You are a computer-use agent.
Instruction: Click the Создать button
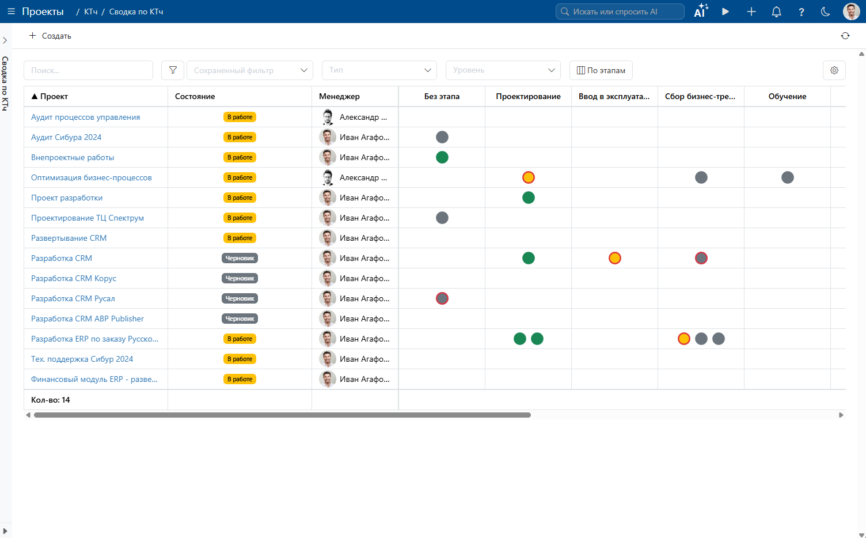click(x=50, y=36)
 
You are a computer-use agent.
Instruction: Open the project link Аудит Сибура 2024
click(x=66, y=137)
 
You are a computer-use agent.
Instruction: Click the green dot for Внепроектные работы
click(x=442, y=157)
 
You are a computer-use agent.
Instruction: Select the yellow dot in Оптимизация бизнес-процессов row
click(x=528, y=177)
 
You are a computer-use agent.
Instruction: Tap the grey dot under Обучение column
click(x=787, y=177)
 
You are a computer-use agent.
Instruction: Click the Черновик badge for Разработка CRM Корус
click(x=240, y=278)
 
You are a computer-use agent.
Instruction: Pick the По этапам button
click(x=601, y=70)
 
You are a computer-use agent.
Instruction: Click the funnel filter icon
click(x=173, y=70)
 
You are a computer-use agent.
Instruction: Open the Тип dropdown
click(x=379, y=70)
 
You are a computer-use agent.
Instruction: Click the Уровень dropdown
click(x=503, y=70)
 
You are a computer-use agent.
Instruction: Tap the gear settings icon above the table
click(x=834, y=70)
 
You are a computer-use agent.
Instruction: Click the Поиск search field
click(x=88, y=70)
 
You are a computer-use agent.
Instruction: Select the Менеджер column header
click(x=339, y=96)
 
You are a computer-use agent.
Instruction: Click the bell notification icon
click(x=776, y=12)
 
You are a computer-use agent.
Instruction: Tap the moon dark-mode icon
click(x=826, y=12)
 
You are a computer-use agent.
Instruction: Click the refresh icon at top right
click(x=845, y=36)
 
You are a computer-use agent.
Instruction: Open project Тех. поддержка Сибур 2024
click(x=82, y=359)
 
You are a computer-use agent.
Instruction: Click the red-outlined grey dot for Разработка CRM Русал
click(x=442, y=298)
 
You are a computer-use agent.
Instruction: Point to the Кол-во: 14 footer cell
click(x=50, y=400)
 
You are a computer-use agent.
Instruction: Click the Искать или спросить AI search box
click(x=620, y=12)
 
